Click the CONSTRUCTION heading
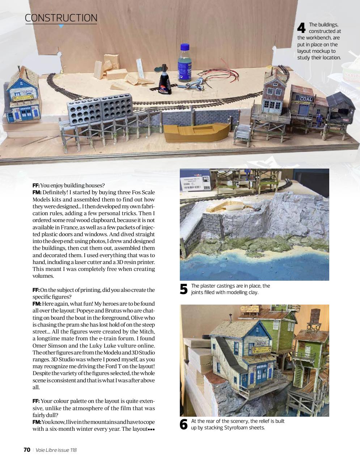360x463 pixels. pyautogui.click(x=61, y=18)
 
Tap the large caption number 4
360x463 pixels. pyautogui.click(x=301, y=28)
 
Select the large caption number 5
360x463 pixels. pyautogui.click(x=184, y=289)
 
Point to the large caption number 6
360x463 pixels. pyautogui.click(x=184, y=424)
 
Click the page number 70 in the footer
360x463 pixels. pyautogui.click(x=27, y=450)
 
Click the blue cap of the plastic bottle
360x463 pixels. pyautogui.click(x=185, y=47)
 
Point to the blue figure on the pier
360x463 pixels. pyautogui.click(x=319, y=121)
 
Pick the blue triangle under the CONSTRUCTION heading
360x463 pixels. pyautogui.click(x=61, y=26)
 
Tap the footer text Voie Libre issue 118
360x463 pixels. pyautogui.click(x=56, y=450)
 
